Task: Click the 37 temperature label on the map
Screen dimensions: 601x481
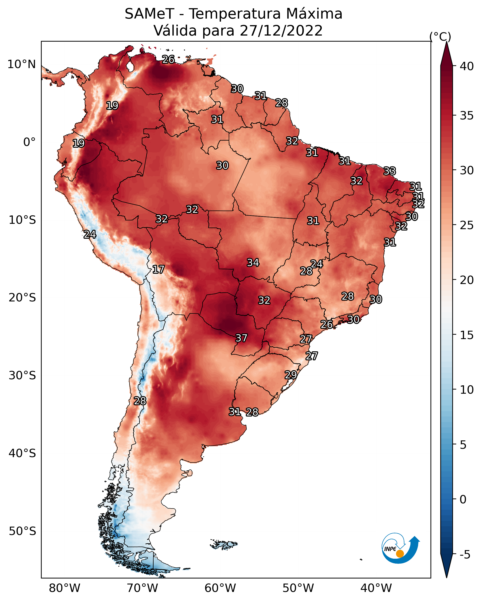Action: [241, 338]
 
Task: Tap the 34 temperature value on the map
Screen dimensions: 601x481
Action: [253, 263]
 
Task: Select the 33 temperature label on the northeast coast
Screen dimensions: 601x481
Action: [390, 171]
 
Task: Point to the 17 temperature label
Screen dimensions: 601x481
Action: [158, 269]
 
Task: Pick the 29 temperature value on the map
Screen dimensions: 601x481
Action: [291, 375]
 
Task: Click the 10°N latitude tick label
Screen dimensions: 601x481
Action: [21, 64]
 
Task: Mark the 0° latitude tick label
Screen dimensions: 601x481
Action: [29, 142]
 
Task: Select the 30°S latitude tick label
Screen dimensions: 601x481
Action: [22, 376]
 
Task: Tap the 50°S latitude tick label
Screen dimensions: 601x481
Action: [22, 531]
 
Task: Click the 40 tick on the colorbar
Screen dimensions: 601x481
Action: [467, 66]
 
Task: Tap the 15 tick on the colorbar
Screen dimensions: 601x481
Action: [467, 335]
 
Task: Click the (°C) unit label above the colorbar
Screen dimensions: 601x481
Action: [440, 36]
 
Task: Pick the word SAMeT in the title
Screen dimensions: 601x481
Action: [149, 14]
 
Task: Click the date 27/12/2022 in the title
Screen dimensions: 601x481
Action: [281, 31]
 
